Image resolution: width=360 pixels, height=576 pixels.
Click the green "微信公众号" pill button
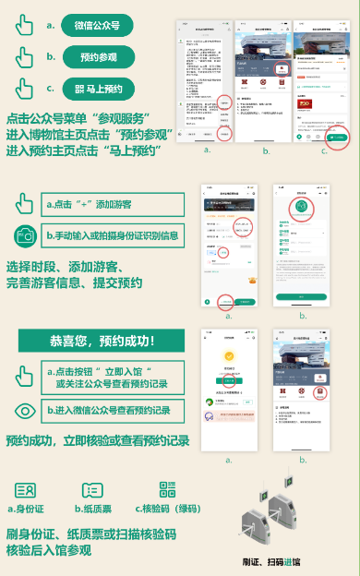[102, 25]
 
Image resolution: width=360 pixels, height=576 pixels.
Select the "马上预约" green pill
[103, 89]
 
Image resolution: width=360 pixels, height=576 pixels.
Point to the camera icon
[25, 236]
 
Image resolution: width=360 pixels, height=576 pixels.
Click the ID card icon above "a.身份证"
[25, 490]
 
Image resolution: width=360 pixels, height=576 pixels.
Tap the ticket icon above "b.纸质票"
[91, 490]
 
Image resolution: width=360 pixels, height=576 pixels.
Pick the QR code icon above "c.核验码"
[166, 490]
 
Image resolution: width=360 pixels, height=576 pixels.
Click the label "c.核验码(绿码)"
[167, 508]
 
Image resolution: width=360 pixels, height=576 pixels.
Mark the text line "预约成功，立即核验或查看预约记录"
[98, 441]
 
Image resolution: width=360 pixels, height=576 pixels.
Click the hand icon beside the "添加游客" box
[25, 204]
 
